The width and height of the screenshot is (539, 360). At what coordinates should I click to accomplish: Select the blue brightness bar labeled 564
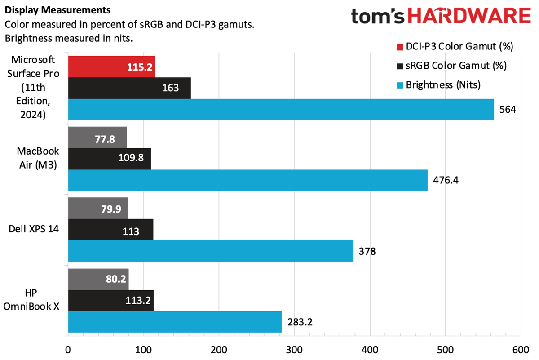[x=281, y=109]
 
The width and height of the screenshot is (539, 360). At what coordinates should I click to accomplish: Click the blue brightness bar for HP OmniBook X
[x=175, y=322]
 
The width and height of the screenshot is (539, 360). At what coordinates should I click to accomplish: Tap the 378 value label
[x=367, y=251]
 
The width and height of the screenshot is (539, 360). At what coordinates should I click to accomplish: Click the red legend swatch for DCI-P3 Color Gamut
[x=400, y=47]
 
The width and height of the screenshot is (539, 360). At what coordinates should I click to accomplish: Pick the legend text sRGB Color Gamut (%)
[x=456, y=66]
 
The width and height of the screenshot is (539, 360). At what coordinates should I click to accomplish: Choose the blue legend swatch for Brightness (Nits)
[x=400, y=84]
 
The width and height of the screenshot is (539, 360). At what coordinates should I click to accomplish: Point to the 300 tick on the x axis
[x=294, y=350]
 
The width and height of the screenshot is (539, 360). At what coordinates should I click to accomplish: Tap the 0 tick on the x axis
[x=68, y=350]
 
